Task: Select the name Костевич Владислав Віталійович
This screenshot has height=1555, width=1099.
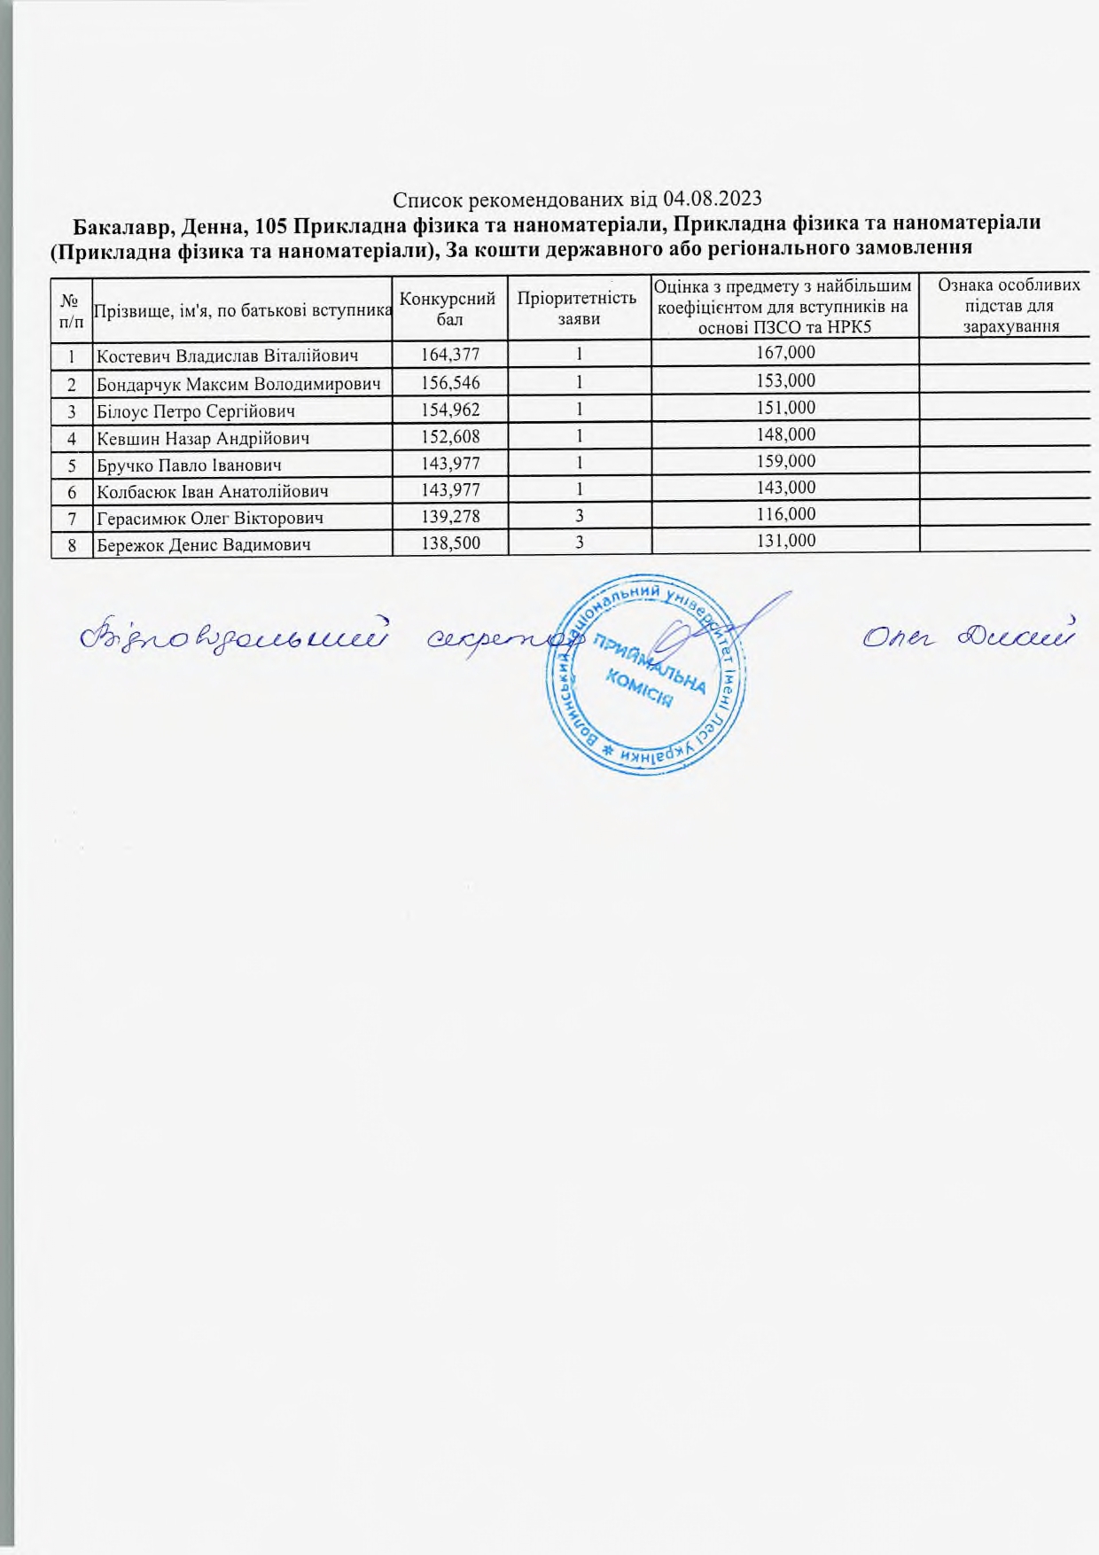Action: [x=227, y=356]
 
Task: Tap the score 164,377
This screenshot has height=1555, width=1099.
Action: [x=449, y=354]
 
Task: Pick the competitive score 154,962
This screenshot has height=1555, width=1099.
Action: [x=449, y=409]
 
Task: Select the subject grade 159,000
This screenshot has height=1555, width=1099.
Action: [x=784, y=461]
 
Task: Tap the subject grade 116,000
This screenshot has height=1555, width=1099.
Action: [x=784, y=514]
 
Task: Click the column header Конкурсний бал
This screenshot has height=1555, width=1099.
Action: [x=449, y=308]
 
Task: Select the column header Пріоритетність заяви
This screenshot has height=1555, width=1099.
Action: [x=578, y=307]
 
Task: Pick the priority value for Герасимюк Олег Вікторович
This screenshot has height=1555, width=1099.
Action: [x=579, y=515]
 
